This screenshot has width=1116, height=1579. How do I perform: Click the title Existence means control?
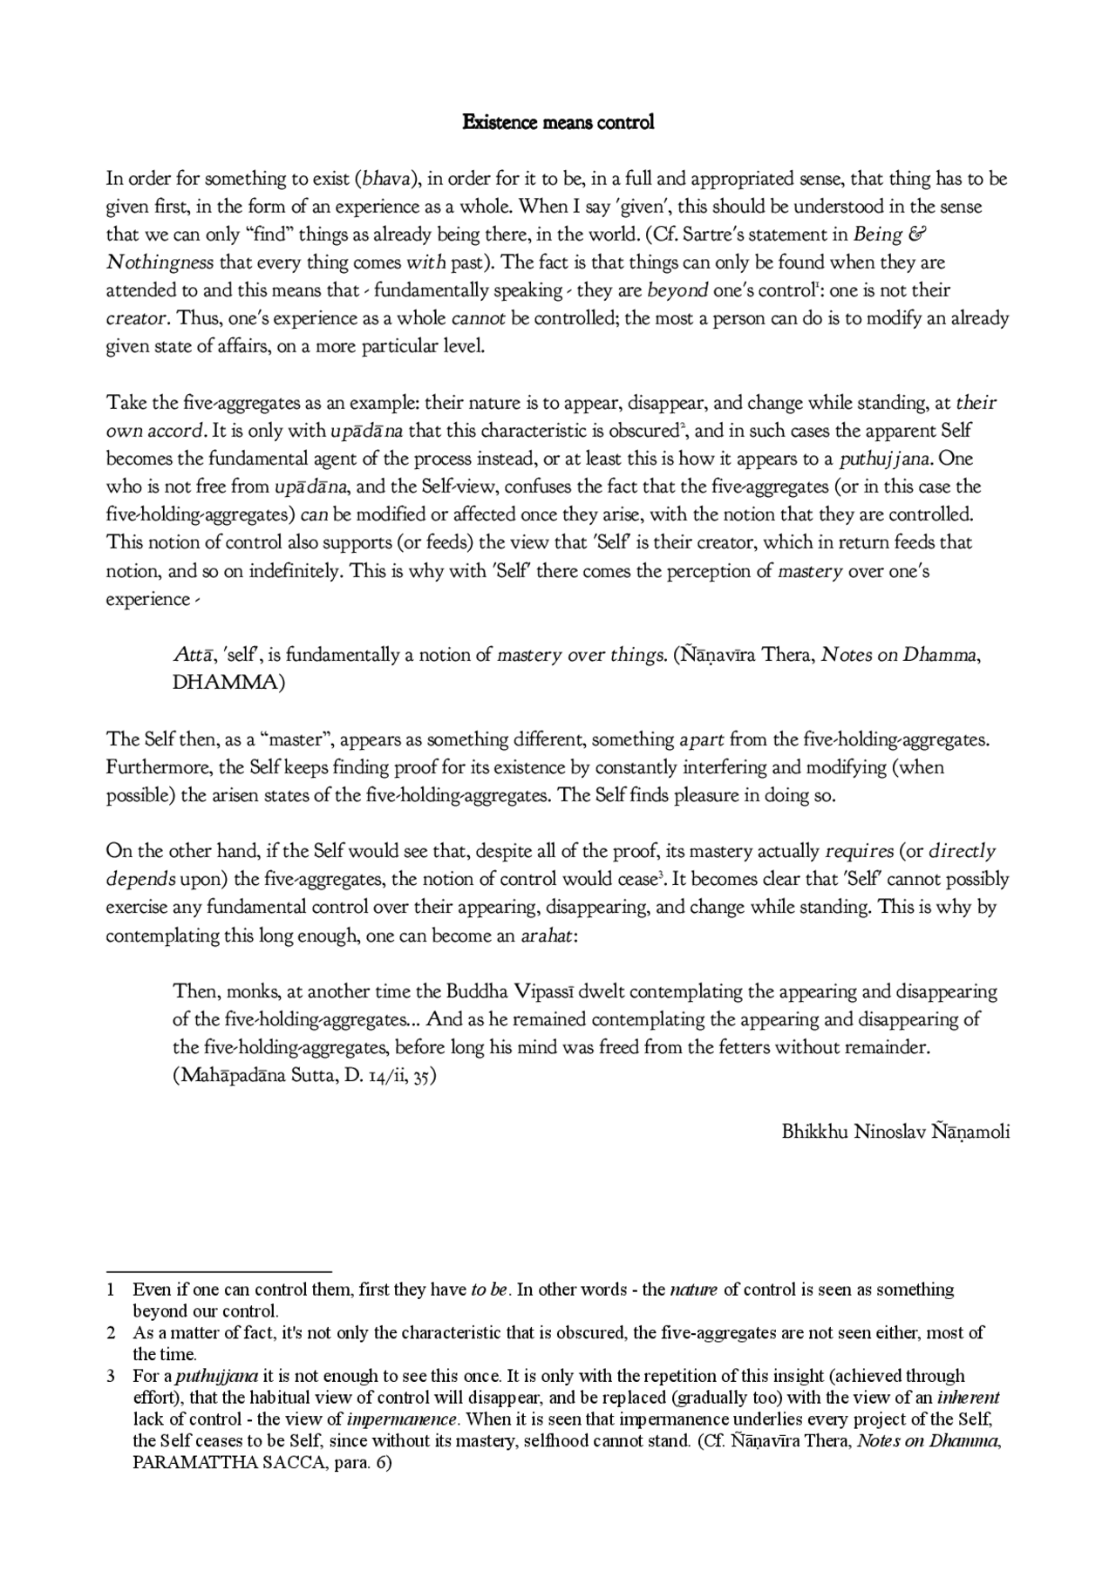pyautogui.click(x=557, y=122)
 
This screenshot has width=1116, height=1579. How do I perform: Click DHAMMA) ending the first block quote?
pyautogui.click(x=229, y=684)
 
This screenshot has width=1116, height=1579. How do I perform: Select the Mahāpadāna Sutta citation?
pyautogui.click(x=304, y=1076)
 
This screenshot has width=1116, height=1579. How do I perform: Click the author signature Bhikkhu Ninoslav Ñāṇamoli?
pyautogui.click(x=895, y=1133)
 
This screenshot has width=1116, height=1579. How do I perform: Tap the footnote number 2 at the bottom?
pyautogui.click(x=112, y=1333)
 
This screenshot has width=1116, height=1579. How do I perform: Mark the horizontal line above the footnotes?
pyautogui.click(x=219, y=1272)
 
